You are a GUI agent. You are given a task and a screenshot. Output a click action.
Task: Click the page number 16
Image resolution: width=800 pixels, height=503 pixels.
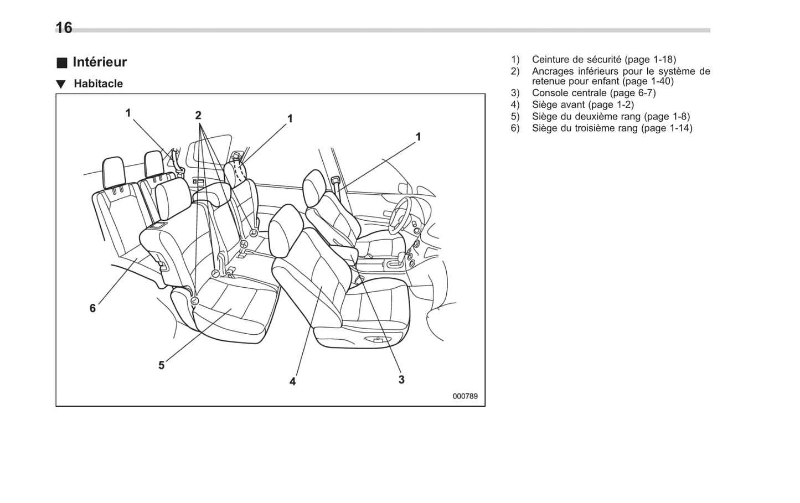[x=64, y=28]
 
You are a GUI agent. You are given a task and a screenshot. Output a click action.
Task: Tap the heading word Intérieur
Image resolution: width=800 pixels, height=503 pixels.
[x=100, y=62]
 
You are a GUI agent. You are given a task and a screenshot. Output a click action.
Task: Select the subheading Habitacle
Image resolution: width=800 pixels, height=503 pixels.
[x=98, y=84]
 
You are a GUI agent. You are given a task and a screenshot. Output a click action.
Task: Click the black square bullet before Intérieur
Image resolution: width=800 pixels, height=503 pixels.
[x=61, y=63]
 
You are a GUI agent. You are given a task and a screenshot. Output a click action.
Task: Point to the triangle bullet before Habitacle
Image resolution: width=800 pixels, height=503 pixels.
[x=61, y=84]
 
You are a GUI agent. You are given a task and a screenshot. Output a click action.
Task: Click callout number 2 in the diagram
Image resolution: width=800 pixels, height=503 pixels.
[x=198, y=115]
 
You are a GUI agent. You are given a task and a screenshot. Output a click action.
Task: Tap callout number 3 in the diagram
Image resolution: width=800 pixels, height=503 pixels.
[x=401, y=379]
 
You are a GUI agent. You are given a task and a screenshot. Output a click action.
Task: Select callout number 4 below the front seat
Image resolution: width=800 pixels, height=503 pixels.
[x=292, y=381]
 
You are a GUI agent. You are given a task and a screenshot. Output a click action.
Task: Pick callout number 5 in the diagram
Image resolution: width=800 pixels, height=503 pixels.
[x=161, y=365]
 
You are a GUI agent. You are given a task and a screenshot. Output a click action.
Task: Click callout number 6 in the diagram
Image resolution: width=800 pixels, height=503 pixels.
[x=92, y=308]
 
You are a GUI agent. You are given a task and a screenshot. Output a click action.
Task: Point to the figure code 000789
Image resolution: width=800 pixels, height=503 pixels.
[x=464, y=396]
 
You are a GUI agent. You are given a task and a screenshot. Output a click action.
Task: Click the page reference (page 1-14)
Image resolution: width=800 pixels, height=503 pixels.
[x=666, y=128]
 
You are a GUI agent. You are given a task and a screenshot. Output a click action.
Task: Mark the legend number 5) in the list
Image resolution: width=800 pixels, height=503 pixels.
[x=515, y=116]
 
